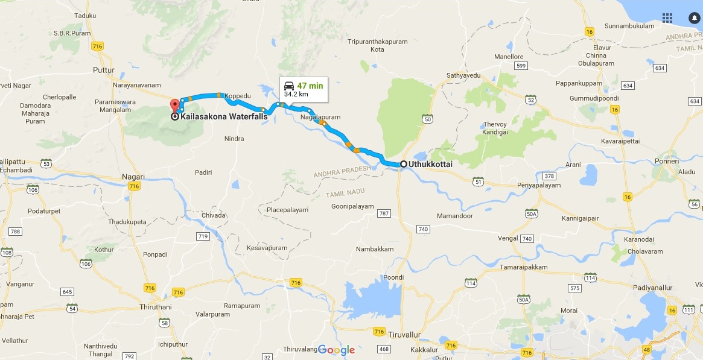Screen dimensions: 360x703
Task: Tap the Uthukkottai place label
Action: coord(430,163)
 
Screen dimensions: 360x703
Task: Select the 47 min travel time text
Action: coord(310,85)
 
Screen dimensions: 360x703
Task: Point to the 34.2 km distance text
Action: coord(296,94)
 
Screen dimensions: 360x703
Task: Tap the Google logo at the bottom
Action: coord(336,350)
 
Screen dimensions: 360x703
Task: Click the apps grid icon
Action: coord(667,17)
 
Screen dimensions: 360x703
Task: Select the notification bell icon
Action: coord(694,17)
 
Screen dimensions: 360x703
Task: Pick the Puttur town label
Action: coord(103,70)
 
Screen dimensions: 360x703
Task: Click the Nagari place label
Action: coord(133,177)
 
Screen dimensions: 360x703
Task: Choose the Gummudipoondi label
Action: coord(594,98)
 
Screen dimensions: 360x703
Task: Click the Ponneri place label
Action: coord(667,161)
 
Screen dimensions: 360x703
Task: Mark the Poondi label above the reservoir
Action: coord(393,277)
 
